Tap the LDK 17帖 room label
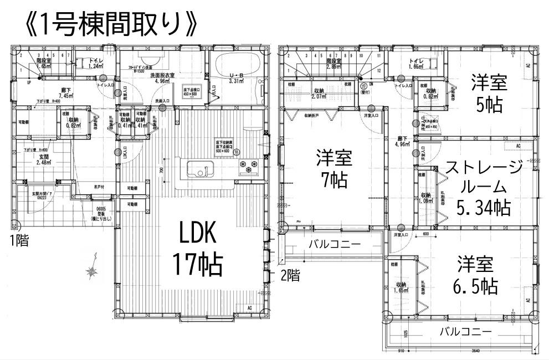[x=197, y=250]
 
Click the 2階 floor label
[x=290, y=275]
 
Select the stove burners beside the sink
[x=247, y=164]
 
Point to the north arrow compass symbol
[x=91, y=268]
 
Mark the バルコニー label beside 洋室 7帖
[x=334, y=244]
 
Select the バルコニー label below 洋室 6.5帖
[x=465, y=332]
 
